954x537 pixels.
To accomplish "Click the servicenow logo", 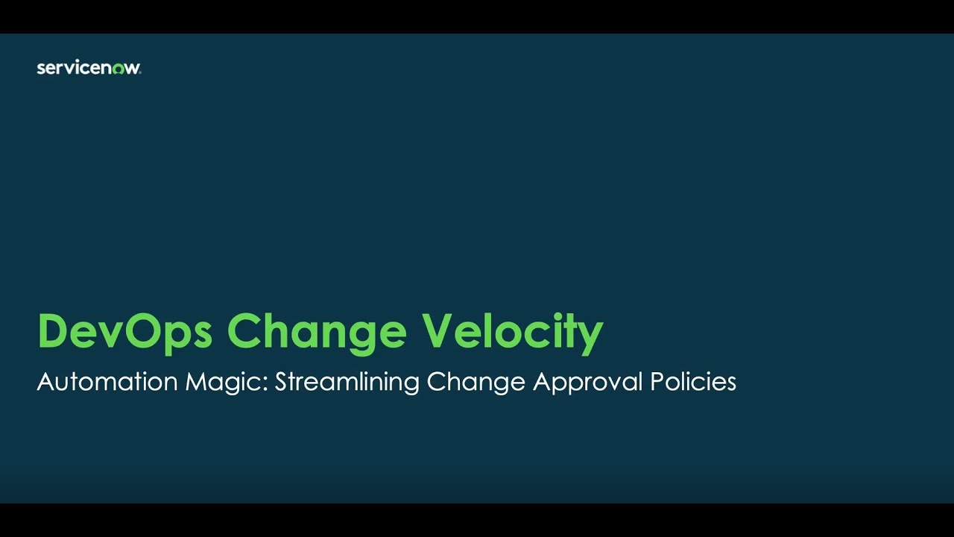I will [x=89, y=68].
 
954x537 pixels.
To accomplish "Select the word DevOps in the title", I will [x=125, y=331].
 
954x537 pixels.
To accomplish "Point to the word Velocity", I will [x=512, y=331].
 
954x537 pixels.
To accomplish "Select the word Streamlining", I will [x=348, y=382].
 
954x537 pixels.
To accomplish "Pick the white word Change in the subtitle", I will [x=476, y=382].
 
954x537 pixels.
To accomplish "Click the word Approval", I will [x=588, y=382].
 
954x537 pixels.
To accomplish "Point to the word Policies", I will [x=693, y=382].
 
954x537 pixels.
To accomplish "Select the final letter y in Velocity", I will [x=590, y=336].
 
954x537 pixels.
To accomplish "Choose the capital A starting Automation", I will [x=45, y=382].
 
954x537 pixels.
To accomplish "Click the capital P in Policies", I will [x=657, y=382].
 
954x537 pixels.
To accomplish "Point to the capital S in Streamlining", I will [x=282, y=382].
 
